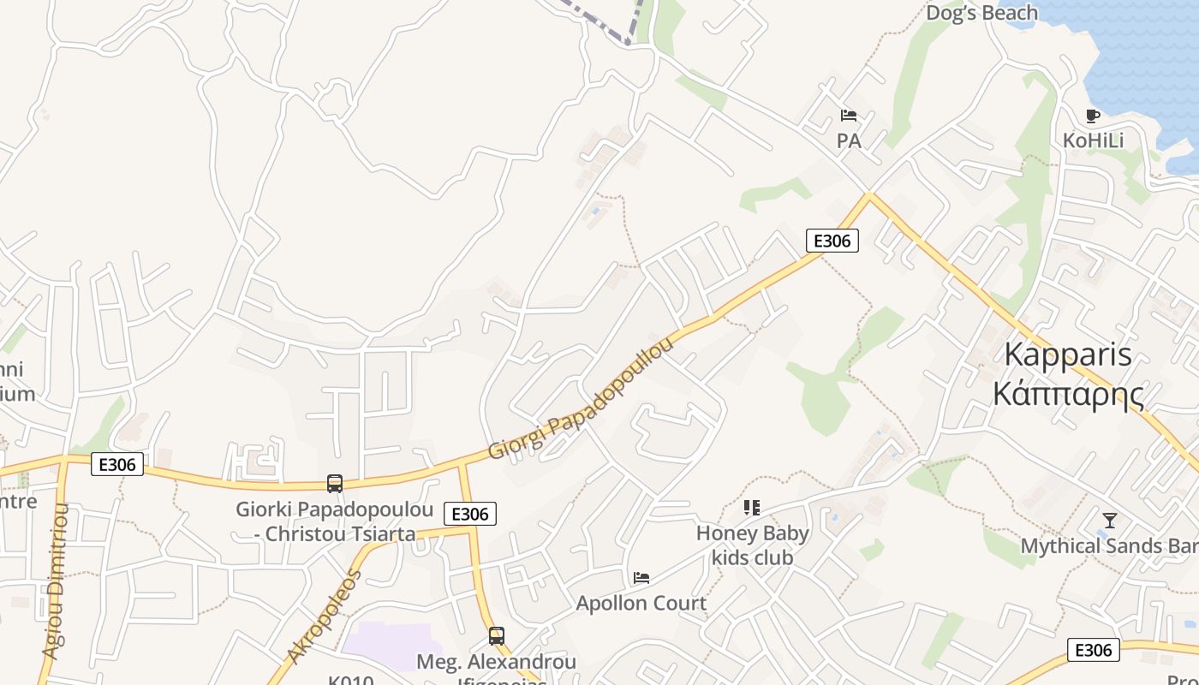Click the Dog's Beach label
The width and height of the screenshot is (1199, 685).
pos(981,13)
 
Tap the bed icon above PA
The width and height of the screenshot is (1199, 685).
pos(849,116)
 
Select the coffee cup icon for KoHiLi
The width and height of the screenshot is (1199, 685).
pos(1092,116)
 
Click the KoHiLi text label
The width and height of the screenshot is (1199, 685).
pos(1093,140)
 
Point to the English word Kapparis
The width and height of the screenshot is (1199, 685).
pos(1067,354)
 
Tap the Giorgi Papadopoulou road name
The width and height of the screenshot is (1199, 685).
pos(581,399)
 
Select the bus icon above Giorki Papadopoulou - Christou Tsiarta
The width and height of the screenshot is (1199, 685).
pos(335,484)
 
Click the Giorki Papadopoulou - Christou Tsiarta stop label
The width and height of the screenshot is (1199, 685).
pos(335,521)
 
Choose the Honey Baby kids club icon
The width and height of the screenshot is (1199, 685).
pos(752,508)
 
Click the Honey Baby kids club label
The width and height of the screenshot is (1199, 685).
pos(752,545)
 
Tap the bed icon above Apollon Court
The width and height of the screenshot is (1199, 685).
pos(641,578)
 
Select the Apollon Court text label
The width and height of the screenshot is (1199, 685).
pos(641,603)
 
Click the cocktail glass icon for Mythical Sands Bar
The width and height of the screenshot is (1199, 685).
pos(1110,520)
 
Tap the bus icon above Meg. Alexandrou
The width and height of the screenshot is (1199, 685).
pos(496,636)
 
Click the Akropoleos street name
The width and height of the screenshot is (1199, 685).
pos(325,616)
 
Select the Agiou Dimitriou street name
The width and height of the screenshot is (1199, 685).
pos(55,582)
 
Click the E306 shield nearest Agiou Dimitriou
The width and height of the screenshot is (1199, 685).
pos(117,465)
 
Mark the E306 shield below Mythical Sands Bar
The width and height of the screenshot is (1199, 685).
pos(1094,650)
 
